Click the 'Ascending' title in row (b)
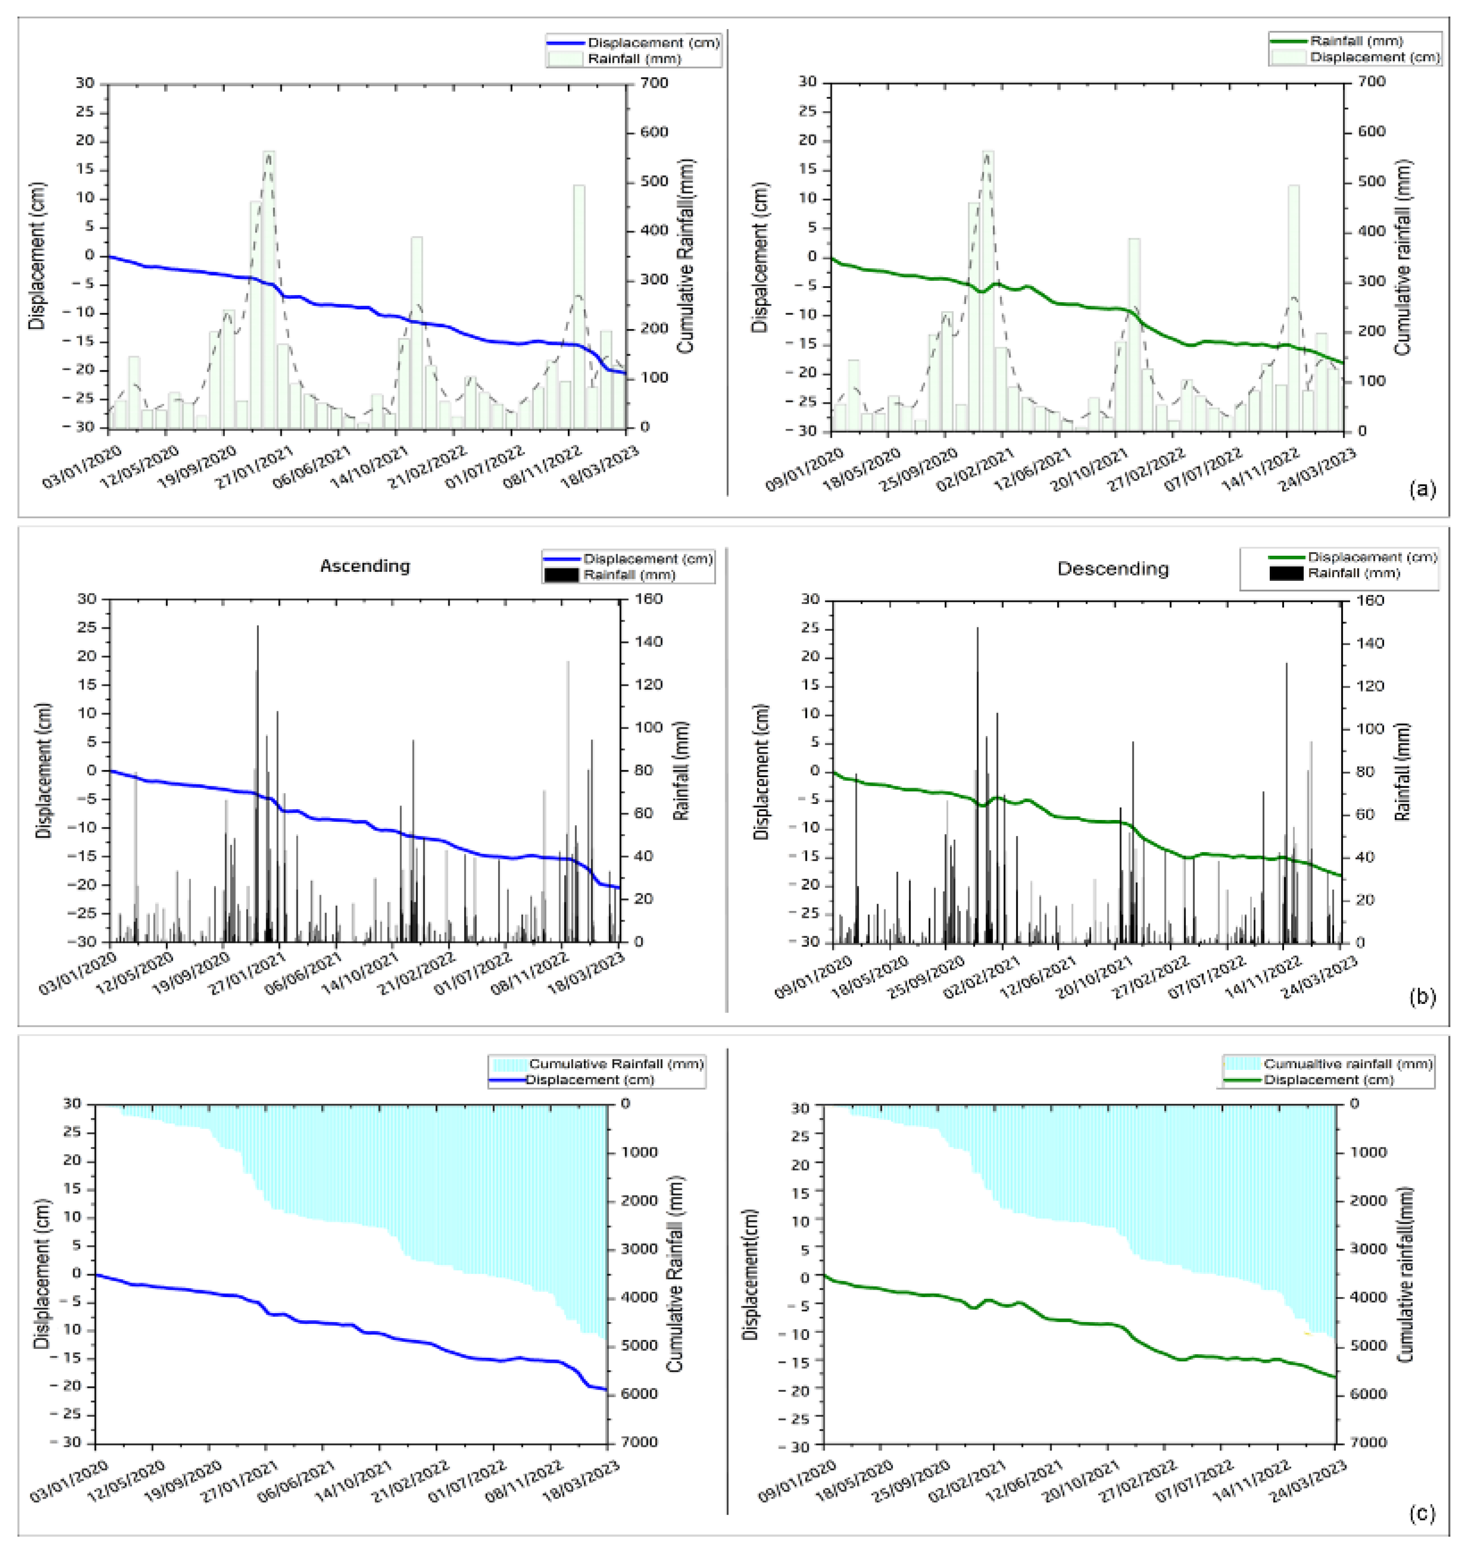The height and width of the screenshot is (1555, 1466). pos(364,566)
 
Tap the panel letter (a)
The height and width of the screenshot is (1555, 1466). pos(1421,490)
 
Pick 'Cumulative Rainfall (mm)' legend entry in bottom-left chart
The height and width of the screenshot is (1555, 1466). pos(616,1064)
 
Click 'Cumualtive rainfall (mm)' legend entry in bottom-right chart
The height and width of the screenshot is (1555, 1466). pos(1347,1064)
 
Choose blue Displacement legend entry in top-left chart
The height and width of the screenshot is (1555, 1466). pos(652,43)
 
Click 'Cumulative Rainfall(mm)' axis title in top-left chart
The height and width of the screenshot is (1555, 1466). pos(686,256)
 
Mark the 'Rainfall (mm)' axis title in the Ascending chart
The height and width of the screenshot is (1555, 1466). pos(680,770)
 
